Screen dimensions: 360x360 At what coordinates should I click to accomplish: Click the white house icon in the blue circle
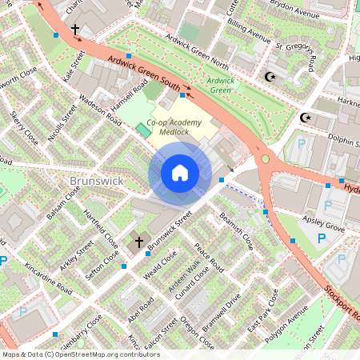click(x=180, y=173)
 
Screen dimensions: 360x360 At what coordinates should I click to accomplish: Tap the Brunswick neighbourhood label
click(x=95, y=181)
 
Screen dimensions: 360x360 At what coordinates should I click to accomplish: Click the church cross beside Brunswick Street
click(x=138, y=242)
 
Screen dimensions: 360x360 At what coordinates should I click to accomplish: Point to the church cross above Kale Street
click(x=75, y=30)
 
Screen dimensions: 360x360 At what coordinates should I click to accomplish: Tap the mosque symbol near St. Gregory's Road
click(x=269, y=77)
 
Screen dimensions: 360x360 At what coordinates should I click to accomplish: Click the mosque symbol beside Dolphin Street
click(x=304, y=118)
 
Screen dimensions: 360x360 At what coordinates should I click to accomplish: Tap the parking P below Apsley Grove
click(x=321, y=239)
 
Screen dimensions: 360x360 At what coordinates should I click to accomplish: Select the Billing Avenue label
click(x=248, y=32)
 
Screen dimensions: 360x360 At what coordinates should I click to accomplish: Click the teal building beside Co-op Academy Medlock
click(x=143, y=129)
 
